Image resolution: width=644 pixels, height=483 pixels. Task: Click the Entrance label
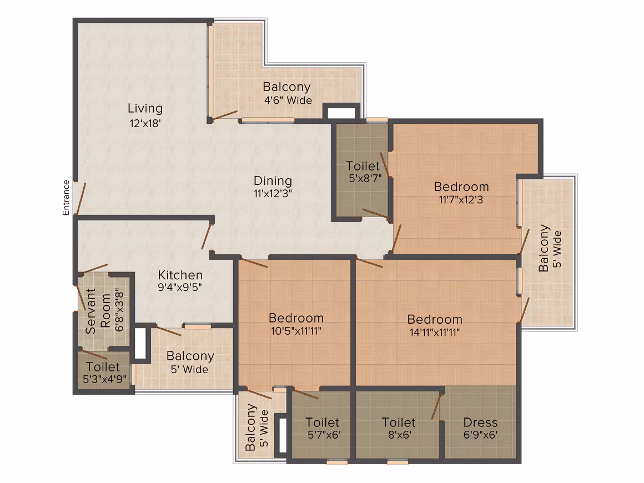click(66, 198)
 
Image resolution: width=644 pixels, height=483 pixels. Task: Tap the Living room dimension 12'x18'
click(145, 123)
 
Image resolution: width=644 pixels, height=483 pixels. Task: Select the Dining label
click(273, 181)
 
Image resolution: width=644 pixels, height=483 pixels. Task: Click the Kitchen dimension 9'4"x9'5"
click(180, 287)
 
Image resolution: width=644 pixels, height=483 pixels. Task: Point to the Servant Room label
click(98, 311)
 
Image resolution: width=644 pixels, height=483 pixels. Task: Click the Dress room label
click(480, 422)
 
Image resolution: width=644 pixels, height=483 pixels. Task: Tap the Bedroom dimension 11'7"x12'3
click(461, 200)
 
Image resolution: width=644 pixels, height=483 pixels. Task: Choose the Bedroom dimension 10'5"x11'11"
click(296, 331)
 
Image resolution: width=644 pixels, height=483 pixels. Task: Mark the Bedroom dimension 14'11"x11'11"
click(435, 332)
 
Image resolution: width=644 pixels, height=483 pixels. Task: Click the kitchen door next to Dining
click(207, 237)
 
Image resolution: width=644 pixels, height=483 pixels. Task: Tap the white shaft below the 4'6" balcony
click(341, 113)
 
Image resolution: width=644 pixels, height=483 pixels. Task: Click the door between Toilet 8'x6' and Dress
click(436, 406)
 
